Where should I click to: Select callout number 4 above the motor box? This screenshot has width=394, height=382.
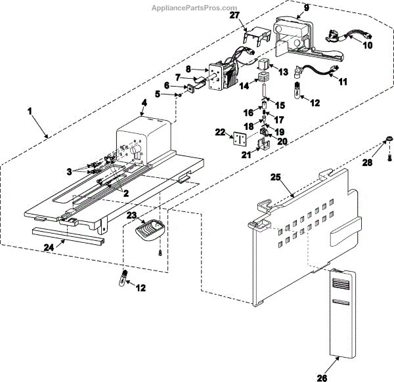142,102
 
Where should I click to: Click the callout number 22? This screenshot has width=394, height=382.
221,132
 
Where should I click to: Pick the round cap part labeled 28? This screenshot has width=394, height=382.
388,138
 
